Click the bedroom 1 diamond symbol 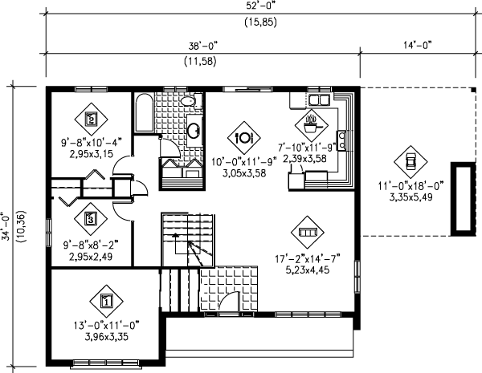(106, 301)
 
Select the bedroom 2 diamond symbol (92, 119)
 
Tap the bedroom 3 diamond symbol (91, 219)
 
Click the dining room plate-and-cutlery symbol (243, 138)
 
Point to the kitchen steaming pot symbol (312, 125)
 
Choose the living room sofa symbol (308, 232)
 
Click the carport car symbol (411, 161)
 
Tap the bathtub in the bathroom (144, 112)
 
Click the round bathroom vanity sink (194, 131)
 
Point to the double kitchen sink (319, 100)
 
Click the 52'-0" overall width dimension (260, 6)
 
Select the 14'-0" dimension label (418, 45)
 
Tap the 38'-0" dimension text (203, 46)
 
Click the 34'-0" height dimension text (6, 226)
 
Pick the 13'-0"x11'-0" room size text (107, 326)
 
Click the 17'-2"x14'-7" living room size (308, 259)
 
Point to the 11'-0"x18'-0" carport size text (411, 186)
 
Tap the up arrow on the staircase (175, 236)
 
